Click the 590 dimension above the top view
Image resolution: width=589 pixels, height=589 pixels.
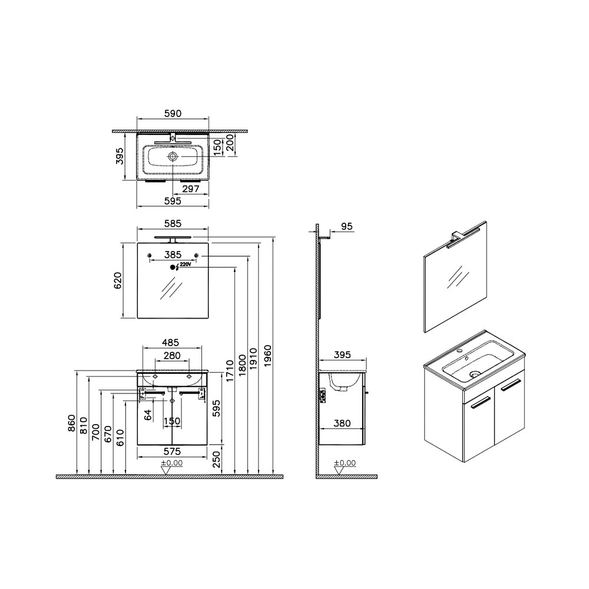(173, 114)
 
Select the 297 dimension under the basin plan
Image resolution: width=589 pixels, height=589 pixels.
(190, 188)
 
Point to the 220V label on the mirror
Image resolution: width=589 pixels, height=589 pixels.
(186, 264)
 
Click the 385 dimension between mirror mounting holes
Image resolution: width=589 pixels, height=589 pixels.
(173, 254)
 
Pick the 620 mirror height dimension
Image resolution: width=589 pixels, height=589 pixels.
(118, 280)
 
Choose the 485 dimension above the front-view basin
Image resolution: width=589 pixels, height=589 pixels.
(171, 343)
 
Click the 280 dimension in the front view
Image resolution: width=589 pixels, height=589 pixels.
(172, 355)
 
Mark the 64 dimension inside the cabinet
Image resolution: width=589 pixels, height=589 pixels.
(148, 415)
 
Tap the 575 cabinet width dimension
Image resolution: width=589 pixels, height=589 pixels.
(172, 451)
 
